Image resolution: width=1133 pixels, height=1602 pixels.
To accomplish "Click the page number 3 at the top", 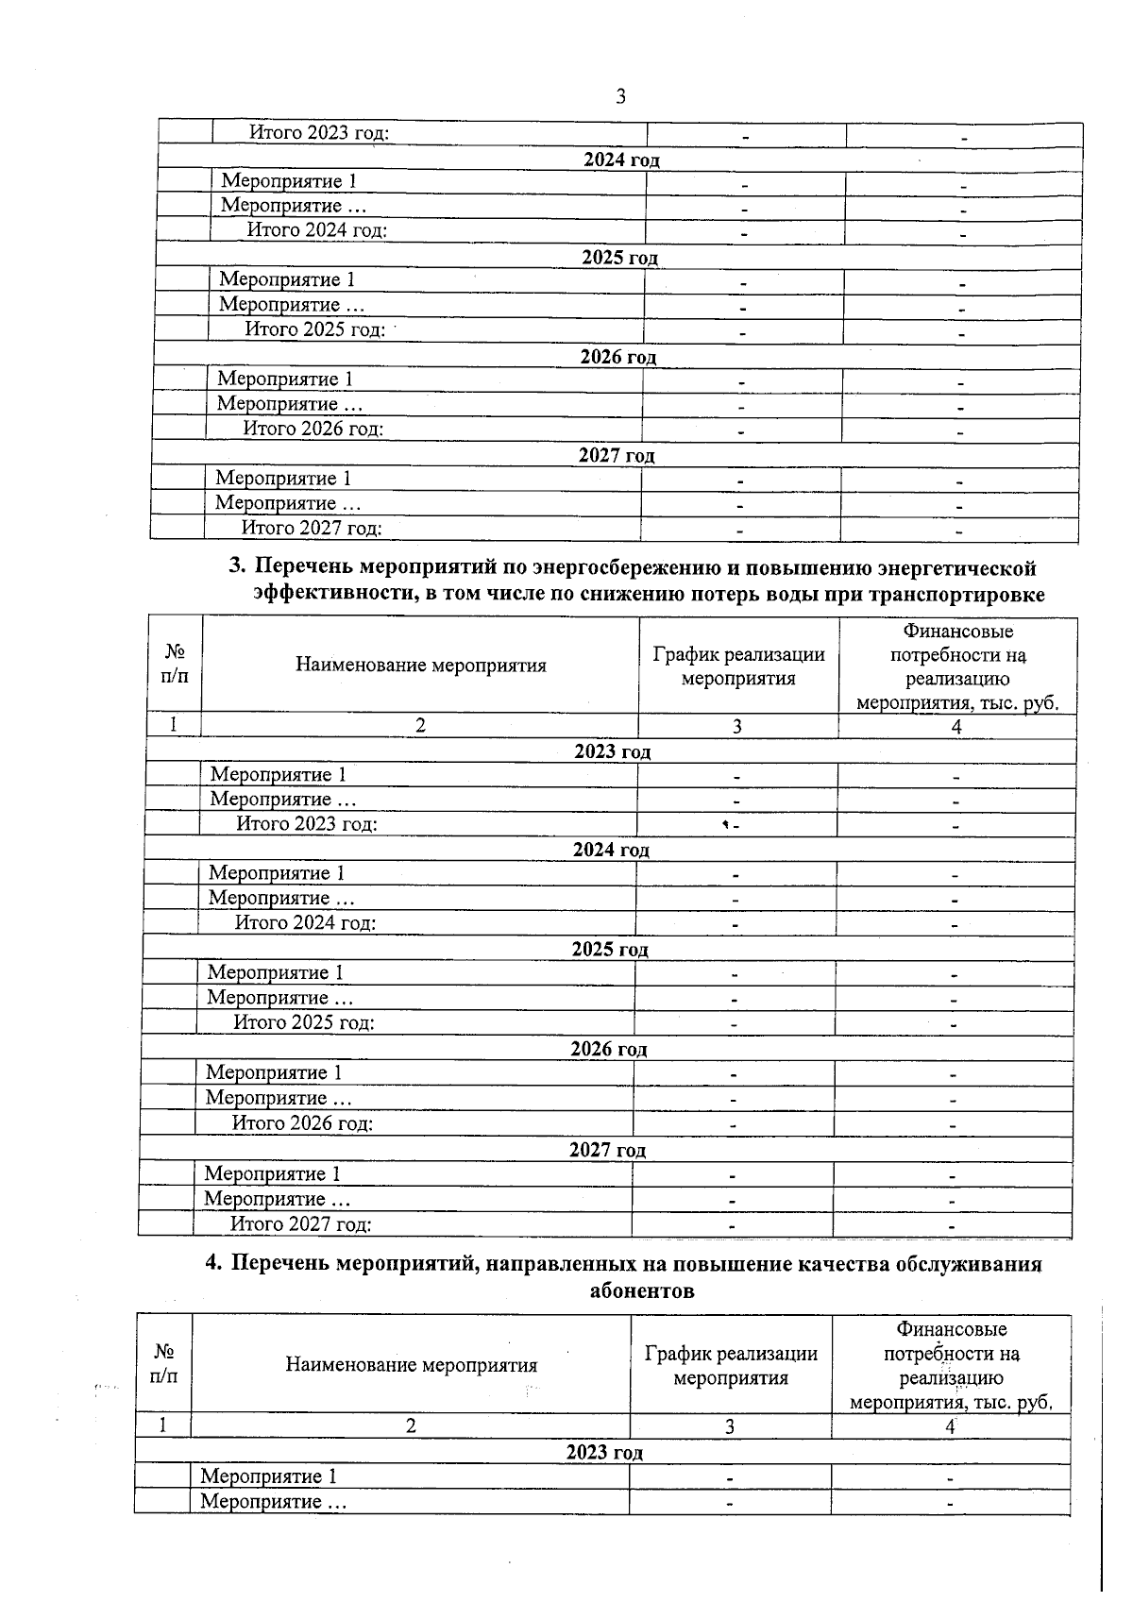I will pyautogui.click(x=620, y=96).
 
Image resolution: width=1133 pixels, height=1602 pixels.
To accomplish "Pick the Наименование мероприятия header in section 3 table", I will pyautogui.click(x=420, y=666).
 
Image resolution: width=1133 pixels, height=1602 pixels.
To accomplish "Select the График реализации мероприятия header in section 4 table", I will pyautogui.click(x=731, y=1365).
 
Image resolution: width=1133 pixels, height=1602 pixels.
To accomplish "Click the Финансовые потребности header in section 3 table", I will pyautogui.click(x=957, y=666).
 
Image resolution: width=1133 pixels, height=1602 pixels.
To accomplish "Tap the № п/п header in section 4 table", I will pyautogui.click(x=163, y=1365).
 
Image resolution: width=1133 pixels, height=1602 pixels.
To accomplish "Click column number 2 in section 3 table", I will pyautogui.click(x=420, y=726).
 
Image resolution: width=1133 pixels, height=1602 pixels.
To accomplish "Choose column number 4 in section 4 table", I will pyautogui.click(x=951, y=1426).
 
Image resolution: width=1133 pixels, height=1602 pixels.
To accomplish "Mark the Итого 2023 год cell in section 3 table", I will pyautogui.click(x=306, y=824).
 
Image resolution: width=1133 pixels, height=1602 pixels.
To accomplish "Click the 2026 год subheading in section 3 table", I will pyautogui.click(x=609, y=1049).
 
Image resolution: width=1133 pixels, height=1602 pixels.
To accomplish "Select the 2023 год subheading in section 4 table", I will pyautogui.click(x=604, y=1452).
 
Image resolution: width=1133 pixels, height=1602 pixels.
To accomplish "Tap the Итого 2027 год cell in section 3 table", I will pyautogui.click(x=300, y=1224).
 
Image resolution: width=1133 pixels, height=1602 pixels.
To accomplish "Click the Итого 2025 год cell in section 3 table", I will pyautogui.click(x=304, y=1022).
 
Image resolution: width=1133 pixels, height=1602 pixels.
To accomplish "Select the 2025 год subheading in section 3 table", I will pyautogui.click(x=610, y=949).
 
